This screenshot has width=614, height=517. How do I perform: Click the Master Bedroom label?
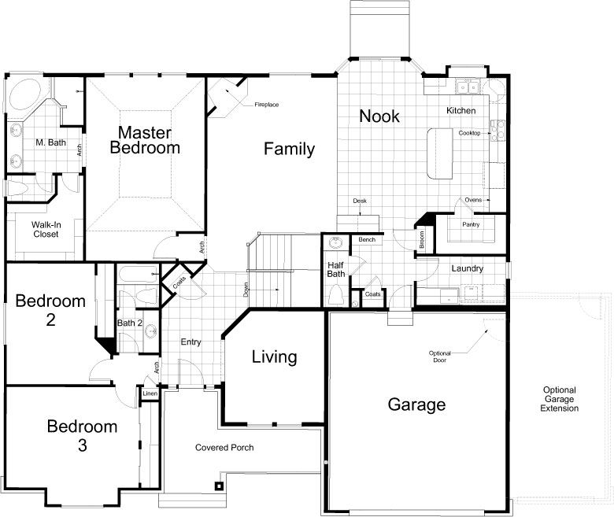145,140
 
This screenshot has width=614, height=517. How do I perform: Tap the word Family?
289,149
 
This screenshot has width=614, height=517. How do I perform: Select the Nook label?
379,116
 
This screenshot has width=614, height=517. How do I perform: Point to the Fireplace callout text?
267,105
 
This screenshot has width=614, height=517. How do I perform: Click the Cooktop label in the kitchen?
469,133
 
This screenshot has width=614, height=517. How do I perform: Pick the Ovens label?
473,200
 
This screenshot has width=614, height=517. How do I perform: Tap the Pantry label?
471,224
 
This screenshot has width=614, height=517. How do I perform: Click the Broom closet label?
422,239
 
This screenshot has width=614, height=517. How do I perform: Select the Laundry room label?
467,268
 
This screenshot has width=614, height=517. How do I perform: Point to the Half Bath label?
336,270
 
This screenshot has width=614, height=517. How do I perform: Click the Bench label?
367,239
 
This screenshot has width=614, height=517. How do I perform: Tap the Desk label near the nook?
360,201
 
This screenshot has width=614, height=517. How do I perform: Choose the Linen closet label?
150,393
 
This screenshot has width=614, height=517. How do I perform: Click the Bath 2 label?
130,323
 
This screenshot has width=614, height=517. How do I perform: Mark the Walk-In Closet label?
46,229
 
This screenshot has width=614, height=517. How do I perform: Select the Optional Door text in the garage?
440,356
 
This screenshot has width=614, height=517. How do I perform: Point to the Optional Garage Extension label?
559,399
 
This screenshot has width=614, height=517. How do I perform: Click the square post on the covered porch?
219,486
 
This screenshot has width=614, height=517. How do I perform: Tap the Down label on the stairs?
246,290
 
